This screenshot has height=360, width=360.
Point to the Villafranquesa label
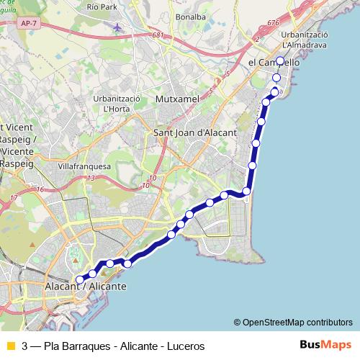[84, 164]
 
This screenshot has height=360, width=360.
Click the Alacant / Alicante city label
[85, 287]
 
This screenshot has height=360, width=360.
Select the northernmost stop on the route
[280, 61]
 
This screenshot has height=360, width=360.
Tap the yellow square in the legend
[9, 346]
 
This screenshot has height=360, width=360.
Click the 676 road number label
[271, 23]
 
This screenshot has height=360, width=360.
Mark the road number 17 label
[14, 197]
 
